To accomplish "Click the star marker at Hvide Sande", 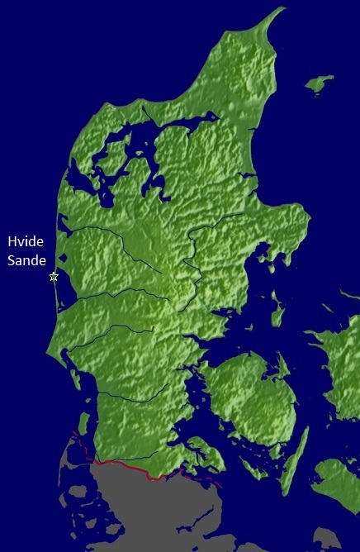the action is click(54, 277).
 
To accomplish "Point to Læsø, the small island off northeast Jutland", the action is click(318, 83).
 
